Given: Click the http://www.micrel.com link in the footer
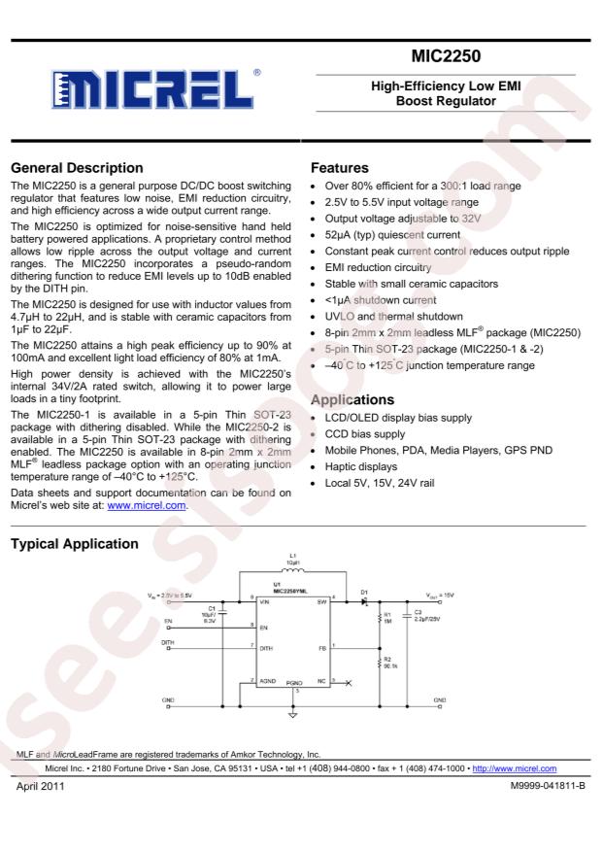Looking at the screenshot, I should click(513, 768).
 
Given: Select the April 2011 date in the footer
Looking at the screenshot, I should click(40, 785).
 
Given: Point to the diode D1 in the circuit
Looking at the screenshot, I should click(363, 600).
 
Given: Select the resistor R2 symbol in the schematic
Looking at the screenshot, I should click(379, 663).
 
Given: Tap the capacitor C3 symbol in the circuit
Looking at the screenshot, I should click(406, 614).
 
